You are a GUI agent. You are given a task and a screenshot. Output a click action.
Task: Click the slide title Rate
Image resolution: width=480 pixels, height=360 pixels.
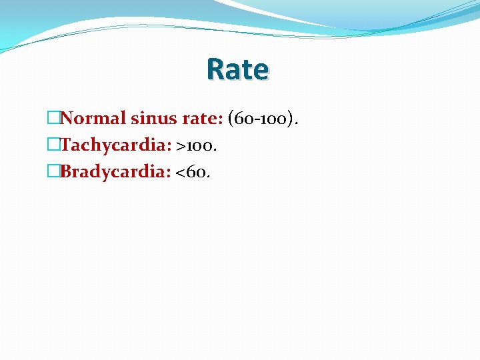point(237,69)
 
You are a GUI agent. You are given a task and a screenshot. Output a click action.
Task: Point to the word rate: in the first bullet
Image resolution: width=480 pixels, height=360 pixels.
point(202,119)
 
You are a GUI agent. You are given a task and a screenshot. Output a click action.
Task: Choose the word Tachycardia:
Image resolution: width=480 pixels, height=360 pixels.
point(116,145)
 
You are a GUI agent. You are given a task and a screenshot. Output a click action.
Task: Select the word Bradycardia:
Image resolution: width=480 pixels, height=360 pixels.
point(115,172)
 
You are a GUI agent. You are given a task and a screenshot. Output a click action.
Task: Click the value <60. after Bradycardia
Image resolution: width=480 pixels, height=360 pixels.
point(193,172)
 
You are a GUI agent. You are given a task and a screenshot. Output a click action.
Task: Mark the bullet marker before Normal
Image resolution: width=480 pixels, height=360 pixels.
point(53,119)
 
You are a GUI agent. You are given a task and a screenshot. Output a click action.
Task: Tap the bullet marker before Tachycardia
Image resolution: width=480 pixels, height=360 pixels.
point(53,145)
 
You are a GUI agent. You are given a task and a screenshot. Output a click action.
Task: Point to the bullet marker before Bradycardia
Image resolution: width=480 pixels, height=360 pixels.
point(53,172)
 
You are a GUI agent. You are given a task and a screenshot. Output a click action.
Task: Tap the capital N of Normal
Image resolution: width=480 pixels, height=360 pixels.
point(67,119)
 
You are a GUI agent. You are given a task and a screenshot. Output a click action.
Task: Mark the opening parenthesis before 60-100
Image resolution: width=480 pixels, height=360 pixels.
point(231,119)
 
